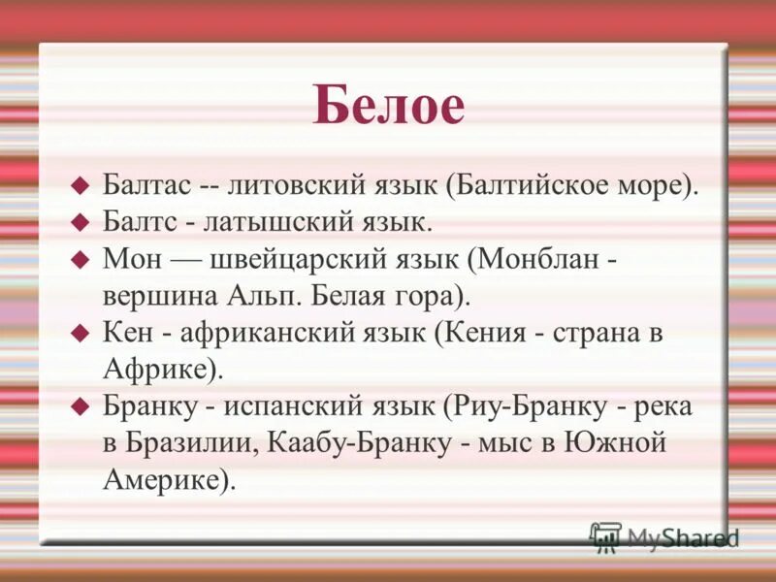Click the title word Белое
tap(388, 106)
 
